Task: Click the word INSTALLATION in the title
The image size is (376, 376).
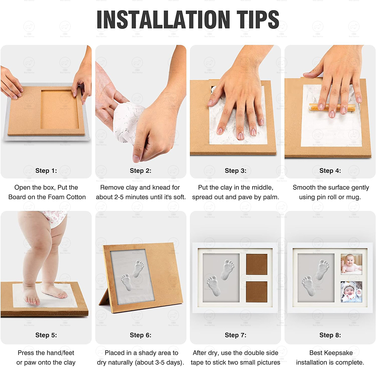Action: [163, 20]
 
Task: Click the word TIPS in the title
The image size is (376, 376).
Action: [258, 20]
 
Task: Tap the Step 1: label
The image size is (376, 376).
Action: [46, 170]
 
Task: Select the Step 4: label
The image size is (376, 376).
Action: [330, 170]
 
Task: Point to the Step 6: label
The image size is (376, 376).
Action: [141, 335]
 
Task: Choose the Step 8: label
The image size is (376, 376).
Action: [330, 335]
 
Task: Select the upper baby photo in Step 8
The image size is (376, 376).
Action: [351, 264]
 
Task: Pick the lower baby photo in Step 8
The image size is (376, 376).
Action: [351, 292]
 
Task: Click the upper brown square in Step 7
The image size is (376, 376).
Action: [256, 264]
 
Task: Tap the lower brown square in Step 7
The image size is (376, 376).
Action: [256, 292]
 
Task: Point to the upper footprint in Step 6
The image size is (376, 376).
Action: [138, 268]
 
